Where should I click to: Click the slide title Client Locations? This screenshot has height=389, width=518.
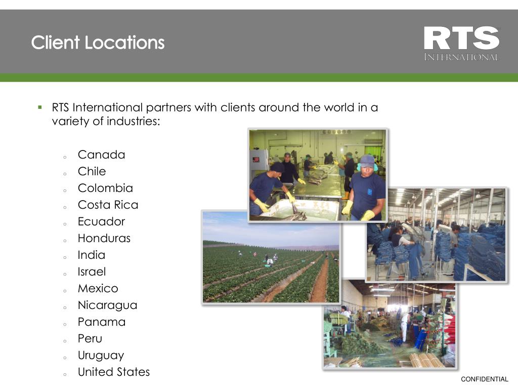98,42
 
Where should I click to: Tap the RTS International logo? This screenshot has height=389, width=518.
461,44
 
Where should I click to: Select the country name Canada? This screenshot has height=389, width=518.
101,154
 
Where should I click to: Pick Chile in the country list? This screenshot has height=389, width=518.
92,171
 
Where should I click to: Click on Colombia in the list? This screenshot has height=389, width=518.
105,188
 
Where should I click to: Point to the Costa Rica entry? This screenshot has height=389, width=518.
108,205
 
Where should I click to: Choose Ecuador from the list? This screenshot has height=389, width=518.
101,221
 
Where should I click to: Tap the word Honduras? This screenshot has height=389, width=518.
104,238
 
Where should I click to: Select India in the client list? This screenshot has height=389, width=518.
92,255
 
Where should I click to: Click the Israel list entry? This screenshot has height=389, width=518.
92,271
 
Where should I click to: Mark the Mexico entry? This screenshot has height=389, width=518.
98,288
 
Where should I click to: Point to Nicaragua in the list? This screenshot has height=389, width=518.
107,305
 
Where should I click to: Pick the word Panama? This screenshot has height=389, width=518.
101,322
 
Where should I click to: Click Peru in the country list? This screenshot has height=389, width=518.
90,338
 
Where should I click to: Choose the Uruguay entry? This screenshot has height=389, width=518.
101,355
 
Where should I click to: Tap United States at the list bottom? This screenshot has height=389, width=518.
114,372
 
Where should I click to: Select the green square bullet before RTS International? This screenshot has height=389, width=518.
39,107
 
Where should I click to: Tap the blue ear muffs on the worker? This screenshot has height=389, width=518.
360,166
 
